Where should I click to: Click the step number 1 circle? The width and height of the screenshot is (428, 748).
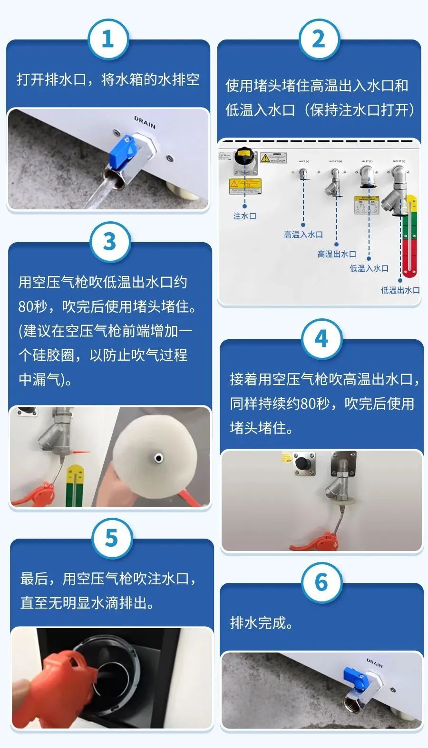[108, 39]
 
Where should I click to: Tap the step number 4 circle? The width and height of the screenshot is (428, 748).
[321, 339]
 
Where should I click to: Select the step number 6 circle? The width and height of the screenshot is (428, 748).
[321, 582]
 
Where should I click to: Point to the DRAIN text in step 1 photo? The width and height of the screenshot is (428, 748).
[145, 122]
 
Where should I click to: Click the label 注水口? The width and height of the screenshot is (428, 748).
[244, 216]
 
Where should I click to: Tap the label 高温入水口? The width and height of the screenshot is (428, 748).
[303, 235]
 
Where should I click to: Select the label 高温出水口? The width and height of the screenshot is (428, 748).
[337, 254]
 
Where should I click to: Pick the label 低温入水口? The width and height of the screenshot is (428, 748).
[369, 268]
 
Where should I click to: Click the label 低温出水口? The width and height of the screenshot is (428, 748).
[400, 290]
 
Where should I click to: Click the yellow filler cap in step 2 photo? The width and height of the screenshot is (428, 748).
[244, 155]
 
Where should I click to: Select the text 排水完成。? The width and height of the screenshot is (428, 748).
[262, 622]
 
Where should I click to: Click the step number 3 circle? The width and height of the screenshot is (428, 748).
[110, 241]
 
